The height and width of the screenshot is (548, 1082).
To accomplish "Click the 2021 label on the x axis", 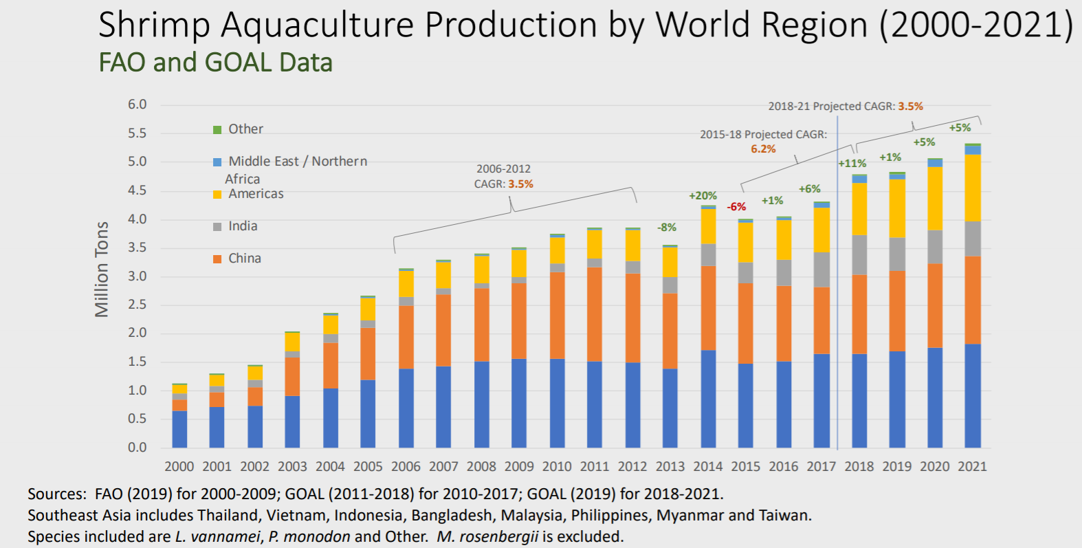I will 972,466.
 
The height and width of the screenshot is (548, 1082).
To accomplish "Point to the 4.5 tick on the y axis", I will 137,190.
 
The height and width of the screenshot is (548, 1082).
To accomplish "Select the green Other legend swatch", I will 217,129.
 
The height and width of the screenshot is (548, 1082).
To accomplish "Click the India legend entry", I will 243,226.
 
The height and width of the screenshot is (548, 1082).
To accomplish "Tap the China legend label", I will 245,259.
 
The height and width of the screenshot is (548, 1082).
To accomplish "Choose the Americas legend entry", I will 256,194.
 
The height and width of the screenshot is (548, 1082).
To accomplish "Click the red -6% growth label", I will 736,206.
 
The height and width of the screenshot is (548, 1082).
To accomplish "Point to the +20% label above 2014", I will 703,196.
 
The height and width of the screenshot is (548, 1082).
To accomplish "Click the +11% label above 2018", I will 852,164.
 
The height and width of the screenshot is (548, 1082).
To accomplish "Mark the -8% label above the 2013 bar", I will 667,228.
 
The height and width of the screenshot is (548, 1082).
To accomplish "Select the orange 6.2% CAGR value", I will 763,149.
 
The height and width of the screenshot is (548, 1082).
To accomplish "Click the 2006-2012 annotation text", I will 503,169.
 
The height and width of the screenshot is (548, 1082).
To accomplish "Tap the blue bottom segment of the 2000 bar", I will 179,430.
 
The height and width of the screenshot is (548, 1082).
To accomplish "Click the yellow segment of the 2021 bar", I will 972,188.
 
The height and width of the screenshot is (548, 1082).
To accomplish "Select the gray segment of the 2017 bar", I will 821,270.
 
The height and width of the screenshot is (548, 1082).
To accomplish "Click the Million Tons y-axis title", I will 102,269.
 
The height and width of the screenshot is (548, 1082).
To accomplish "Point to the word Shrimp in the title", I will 154,25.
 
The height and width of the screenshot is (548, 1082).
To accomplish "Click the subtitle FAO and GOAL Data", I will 216,63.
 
